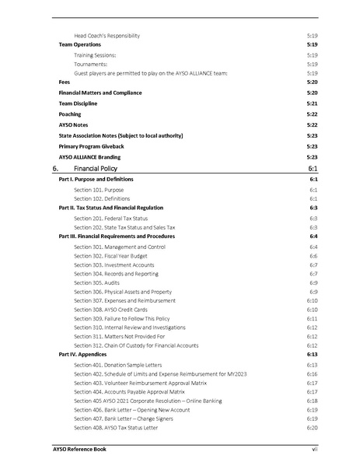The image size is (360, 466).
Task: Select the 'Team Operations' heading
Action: pos(80,45)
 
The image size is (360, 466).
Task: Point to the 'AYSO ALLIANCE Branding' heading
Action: pos(91,156)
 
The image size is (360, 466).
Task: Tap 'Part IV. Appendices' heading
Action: pos(83,354)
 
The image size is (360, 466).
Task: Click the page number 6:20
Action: pos(312,427)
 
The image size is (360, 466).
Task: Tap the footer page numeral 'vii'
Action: pos(313,450)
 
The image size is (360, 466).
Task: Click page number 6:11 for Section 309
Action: pos(312,319)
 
